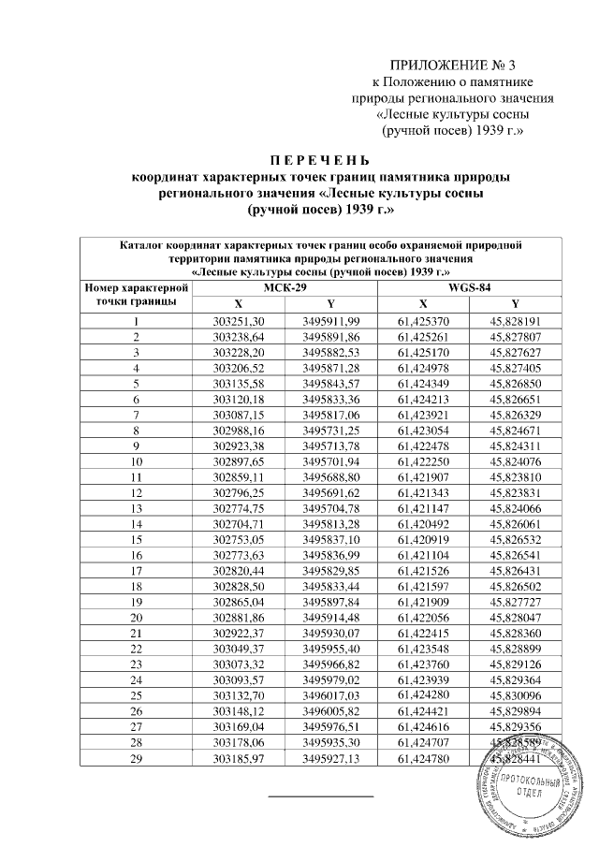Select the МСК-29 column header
tap(285, 287)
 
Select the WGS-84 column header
tap(469, 287)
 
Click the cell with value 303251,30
tap(240, 321)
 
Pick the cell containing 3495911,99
tap(331, 321)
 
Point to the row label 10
tap(137, 461)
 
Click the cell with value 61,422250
tap(423, 461)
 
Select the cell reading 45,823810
tap(516, 476)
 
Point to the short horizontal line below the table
tap(321, 796)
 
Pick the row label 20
tap(137, 617)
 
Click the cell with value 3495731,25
tap(331, 431)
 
